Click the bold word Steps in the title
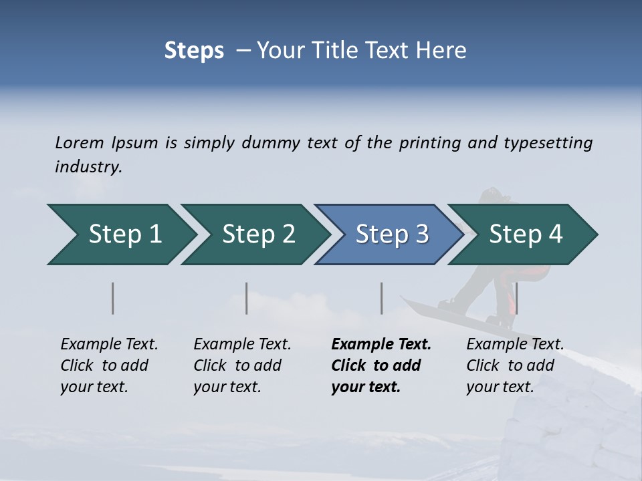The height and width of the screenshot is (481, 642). [x=194, y=51]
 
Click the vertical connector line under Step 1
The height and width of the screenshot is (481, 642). [x=113, y=298]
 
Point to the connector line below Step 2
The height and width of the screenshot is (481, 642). [x=247, y=298]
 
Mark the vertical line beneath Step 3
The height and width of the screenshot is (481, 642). [x=381, y=298]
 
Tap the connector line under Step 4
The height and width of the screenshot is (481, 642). [x=516, y=298]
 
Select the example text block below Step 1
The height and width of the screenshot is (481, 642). [x=109, y=365]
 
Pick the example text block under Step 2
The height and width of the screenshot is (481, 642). [x=242, y=365]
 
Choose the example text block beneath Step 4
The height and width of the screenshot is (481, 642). [x=515, y=365]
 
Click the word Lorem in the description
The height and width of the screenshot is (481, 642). [x=80, y=143]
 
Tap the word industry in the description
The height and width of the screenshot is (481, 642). [x=88, y=167]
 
